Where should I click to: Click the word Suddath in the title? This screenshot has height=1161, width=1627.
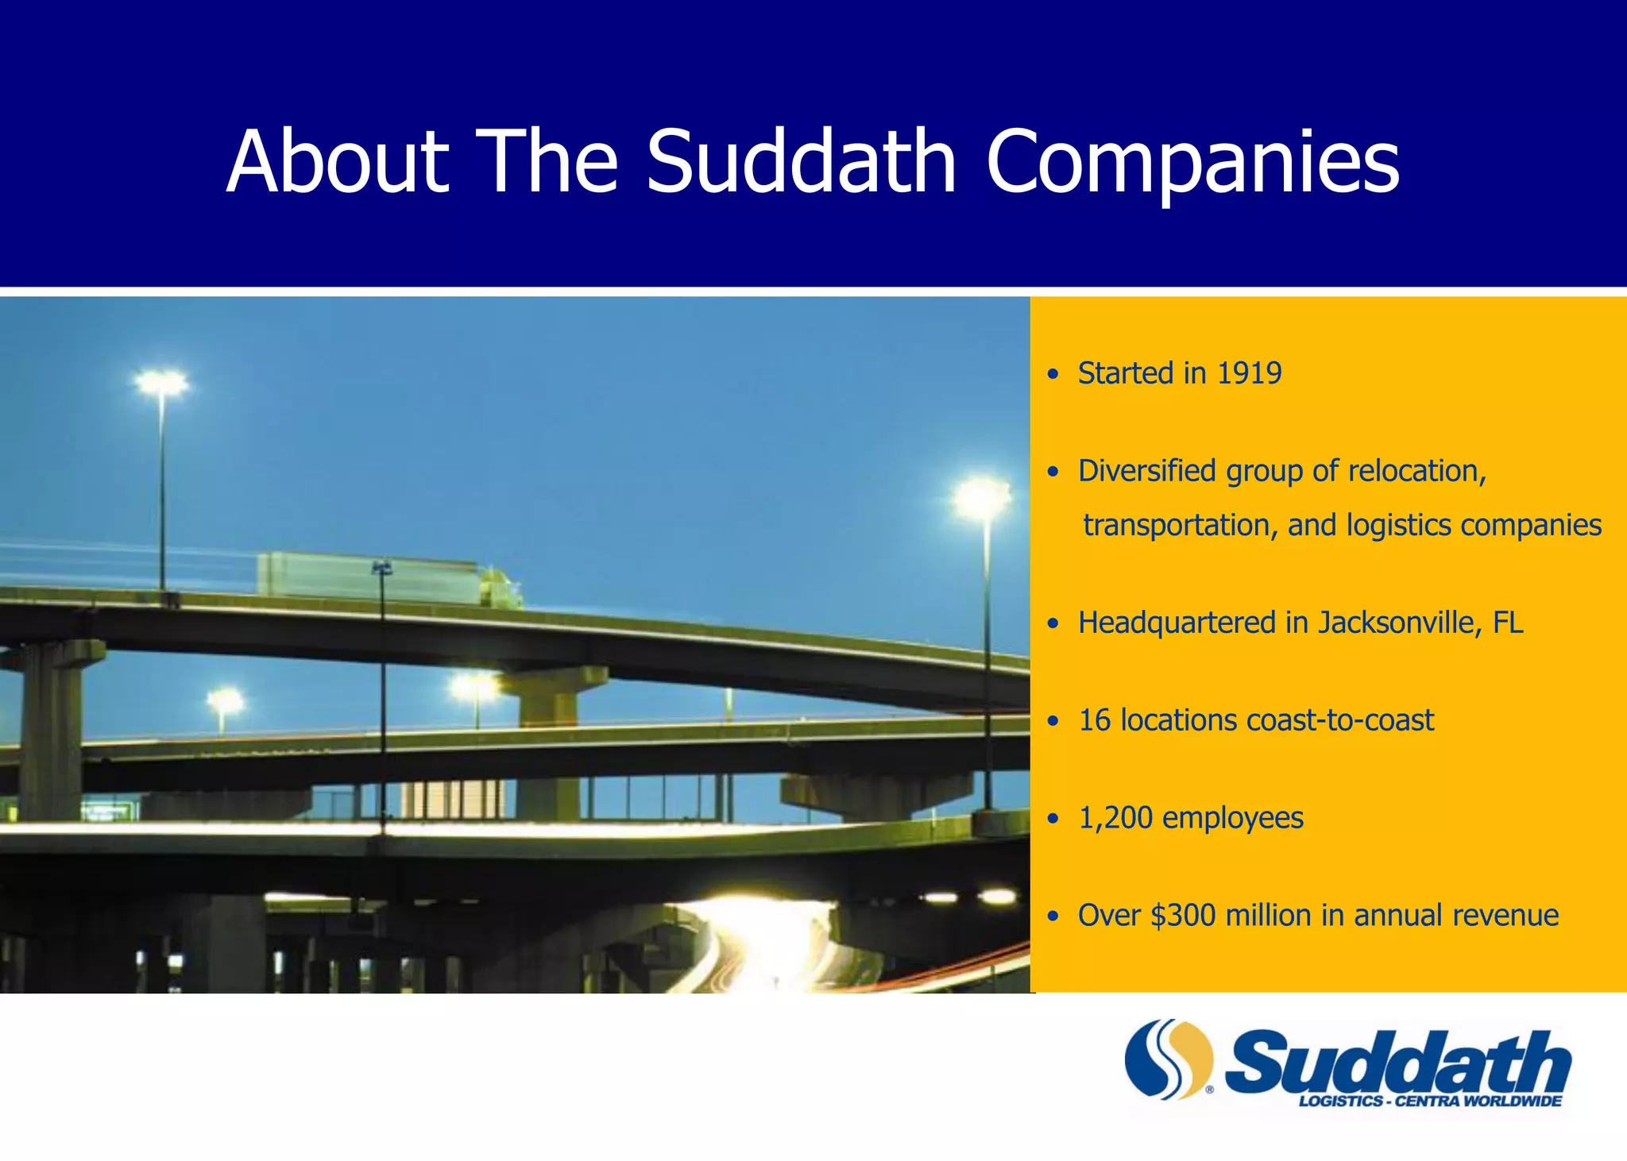(801, 162)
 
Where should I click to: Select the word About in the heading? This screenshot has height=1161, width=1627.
(338, 162)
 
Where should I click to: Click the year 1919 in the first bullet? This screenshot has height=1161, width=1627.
(1249, 373)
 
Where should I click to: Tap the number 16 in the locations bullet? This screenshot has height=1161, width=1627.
(1094, 720)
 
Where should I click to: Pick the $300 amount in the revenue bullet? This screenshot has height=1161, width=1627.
(1183, 916)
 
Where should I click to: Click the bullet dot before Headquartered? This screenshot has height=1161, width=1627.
(1053, 624)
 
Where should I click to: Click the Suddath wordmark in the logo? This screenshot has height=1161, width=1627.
(1398, 1061)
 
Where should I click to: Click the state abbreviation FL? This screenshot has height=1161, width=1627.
(1508, 623)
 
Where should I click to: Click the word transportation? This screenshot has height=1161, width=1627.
(1179, 526)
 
